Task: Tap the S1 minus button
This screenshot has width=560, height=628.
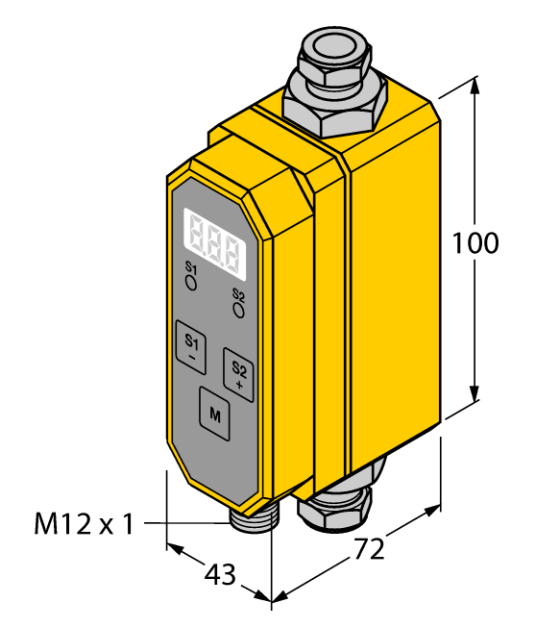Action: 191,347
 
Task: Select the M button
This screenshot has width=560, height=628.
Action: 214,414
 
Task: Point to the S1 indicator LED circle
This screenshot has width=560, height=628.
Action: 191,283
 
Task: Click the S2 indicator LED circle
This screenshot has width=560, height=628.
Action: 238,309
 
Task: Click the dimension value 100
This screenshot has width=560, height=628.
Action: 475,243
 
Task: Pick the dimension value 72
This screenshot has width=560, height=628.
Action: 370,549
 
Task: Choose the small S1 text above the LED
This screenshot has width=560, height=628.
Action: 190,267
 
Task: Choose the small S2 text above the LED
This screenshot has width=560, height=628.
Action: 238,294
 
